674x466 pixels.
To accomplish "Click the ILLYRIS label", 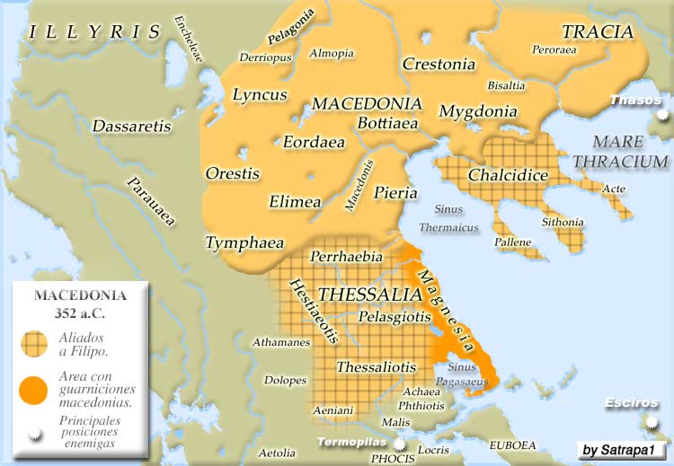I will pyautogui.click(x=94, y=33).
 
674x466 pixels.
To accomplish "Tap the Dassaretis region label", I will pyautogui.click(x=131, y=127).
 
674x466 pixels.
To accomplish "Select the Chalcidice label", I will pyautogui.click(x=508, y=175).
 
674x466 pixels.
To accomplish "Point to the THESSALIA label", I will pyautogui.click(x=370, y=295).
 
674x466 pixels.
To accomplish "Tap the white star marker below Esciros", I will pyautogui.click(x=650, y=422).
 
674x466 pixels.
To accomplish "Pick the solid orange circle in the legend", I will pyautogui.click(x=33, y=389).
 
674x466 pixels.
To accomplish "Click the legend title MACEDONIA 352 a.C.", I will pyautogui.click(x=80, y=303).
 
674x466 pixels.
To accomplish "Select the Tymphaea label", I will pyautogui.click(x=244, y=242).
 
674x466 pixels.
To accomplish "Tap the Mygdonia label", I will pyautogui.click(x=478, y=112).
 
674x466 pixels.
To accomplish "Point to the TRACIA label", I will pyautogui.click(x=598, y=32).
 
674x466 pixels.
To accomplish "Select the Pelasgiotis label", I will pyautogui.click(x=394, y=317).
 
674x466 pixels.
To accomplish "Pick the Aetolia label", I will pyautogui.click(x=276, y=452).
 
